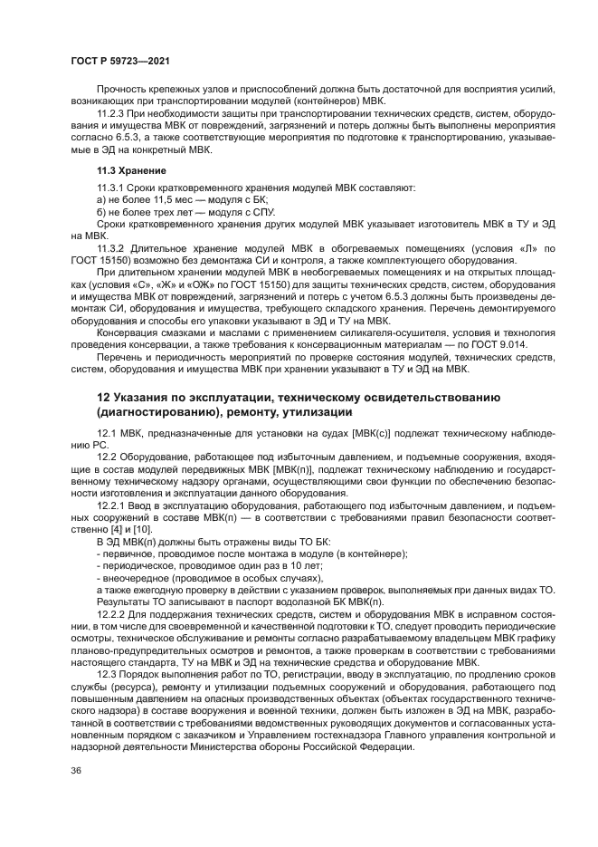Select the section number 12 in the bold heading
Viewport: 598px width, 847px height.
[x=103, y=398]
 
